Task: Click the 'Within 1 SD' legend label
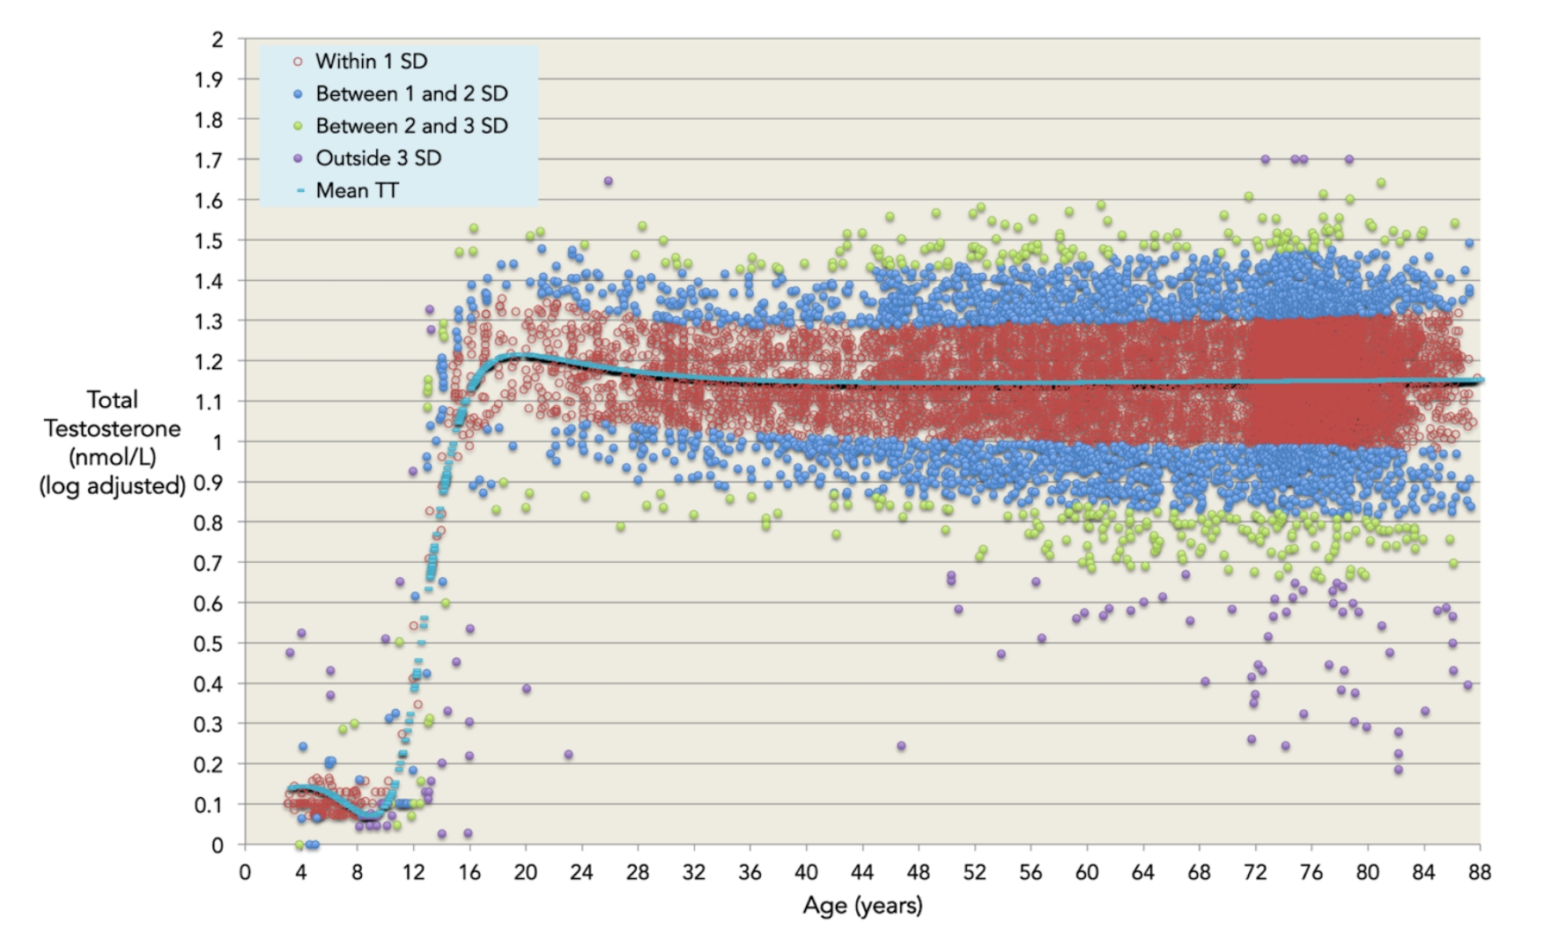[x=371, y=62]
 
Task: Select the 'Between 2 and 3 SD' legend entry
[x=411, y=126]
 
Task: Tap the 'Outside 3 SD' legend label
[x=378, y=159]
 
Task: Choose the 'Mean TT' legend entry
[x=357, y=190]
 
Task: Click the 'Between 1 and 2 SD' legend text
[x=411, y=93]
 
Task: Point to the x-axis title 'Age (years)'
[x=862, y=905]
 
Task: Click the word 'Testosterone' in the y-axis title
[x=112, y=429]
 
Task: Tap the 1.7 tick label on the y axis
[x=208, y=160]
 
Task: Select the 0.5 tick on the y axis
[x=208, y=644]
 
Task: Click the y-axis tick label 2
[x=217, y=40]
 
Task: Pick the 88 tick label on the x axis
[x=1480, y=873]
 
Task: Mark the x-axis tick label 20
[x=525, y=873]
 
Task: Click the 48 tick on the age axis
[x=919, y=873]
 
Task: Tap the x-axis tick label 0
[x=245, y=873]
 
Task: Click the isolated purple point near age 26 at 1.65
[x=608, y=181]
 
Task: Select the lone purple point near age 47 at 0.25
[x=901, y=746]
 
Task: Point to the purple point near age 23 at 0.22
[x=568, y=755]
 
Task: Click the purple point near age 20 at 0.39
[x=526, y=689]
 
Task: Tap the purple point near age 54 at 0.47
[x=1001, y=654]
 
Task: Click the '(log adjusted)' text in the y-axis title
[x=112, y=485]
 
